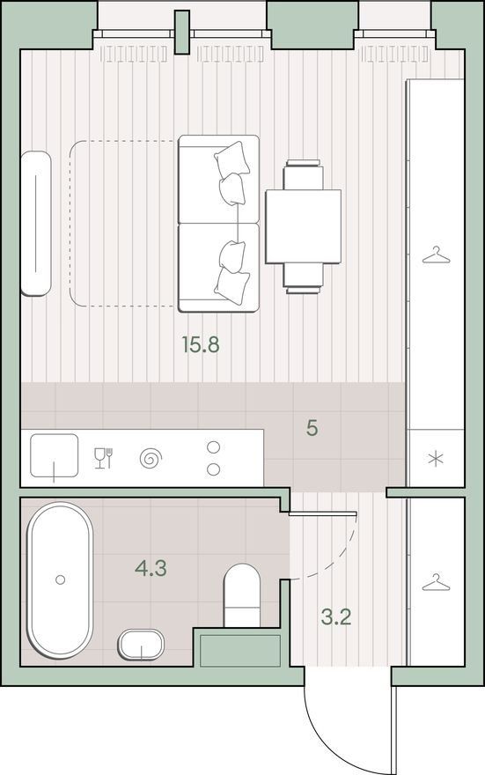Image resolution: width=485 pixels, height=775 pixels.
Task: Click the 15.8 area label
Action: (x=200, y=344)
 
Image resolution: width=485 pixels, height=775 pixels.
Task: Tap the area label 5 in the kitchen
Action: (x=312, y=428)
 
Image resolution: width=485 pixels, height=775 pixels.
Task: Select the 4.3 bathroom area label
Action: (x=151, y=568)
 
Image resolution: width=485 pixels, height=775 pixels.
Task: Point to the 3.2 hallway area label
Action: (x=336, y=616)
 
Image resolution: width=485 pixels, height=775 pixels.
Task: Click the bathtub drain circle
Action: (x=60, y=579)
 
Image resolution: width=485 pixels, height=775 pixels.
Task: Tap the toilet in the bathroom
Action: (x=242, y=595)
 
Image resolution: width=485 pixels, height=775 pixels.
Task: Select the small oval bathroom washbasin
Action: (x=141, y=645)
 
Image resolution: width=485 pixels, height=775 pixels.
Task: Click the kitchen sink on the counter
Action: (x=55, y=455)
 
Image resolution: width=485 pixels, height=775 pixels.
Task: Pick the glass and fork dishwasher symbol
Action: (x=103, y=458)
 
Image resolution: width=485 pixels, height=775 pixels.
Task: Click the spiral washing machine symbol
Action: (x=151, y=458)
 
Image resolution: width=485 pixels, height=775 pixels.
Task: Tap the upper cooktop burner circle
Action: (x=213, y=447)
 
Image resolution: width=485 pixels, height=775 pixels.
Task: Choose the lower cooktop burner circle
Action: (x=213, y=469)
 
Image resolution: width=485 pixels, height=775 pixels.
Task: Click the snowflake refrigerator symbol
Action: (x=436, y=459)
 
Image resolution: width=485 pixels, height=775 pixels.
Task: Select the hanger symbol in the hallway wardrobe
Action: (x=436, y=583)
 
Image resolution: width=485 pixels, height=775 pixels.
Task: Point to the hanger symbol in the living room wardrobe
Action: (x=436, y=255)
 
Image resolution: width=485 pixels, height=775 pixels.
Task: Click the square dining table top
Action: (x=304, y=226)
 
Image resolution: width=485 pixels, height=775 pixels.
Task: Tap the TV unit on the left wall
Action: (x=35, y=224)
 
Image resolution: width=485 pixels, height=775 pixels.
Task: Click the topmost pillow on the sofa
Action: (x=231, y=157)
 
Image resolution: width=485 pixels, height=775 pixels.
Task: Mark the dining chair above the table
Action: (x=304, y=174)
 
